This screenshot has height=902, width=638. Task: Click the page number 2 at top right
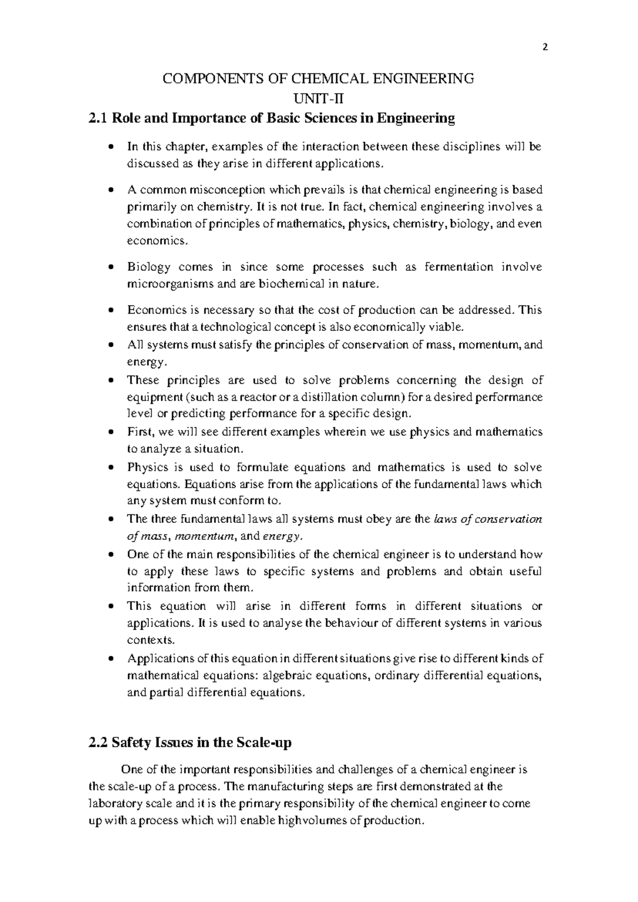click(x=544, y=47)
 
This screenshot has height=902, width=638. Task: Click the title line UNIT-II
click(x=317, y=98)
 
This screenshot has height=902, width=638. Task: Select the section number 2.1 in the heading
click(x=99, y=118)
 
